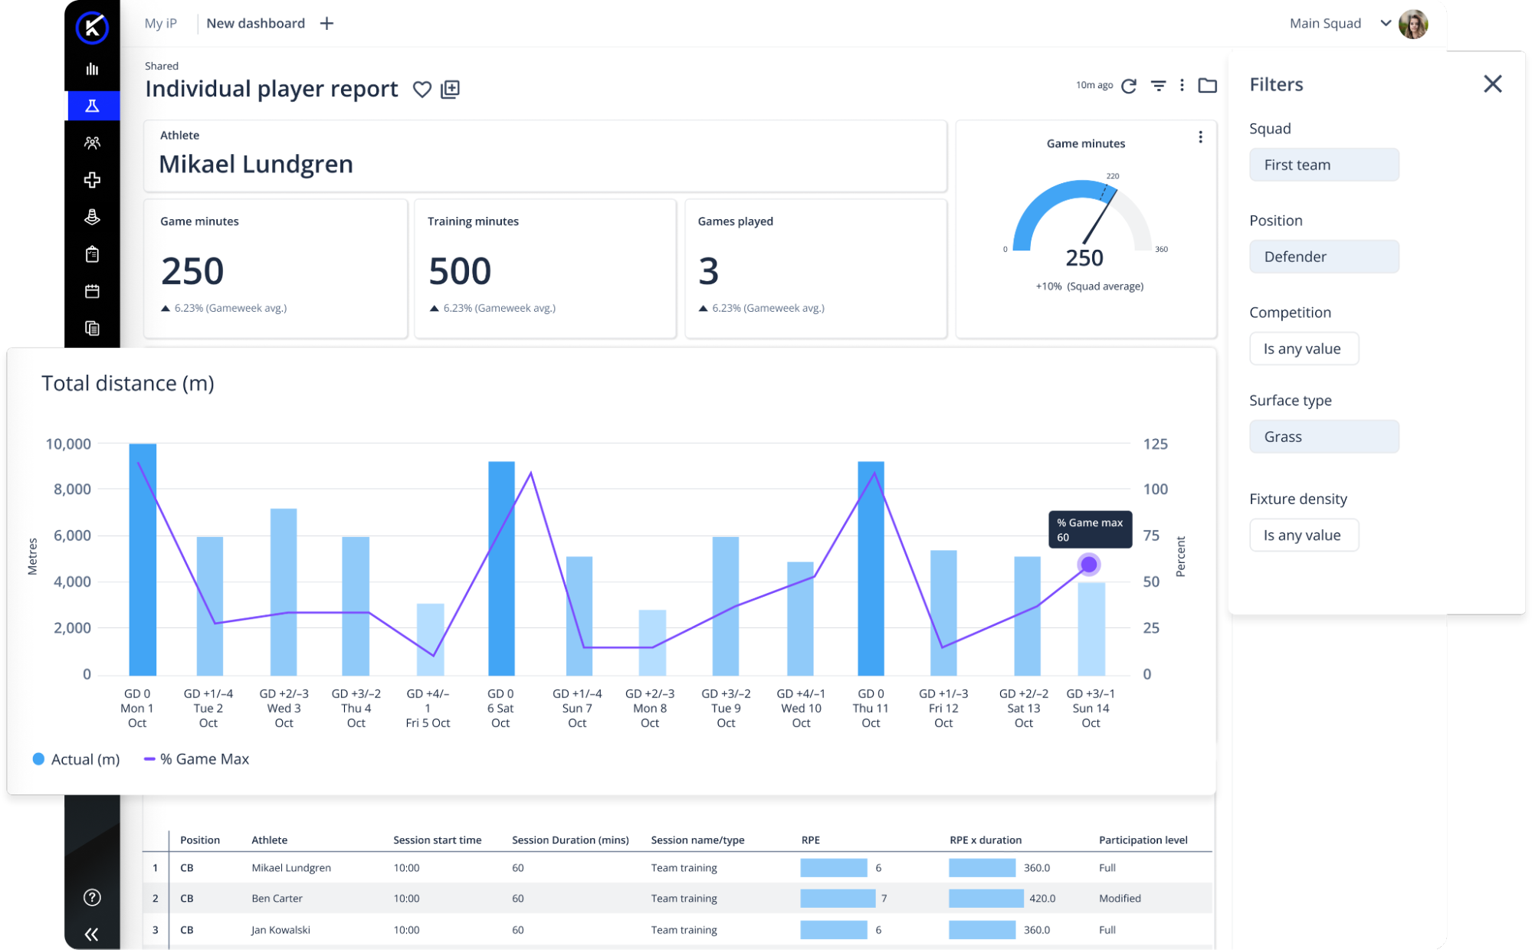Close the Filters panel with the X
coord(1492,84)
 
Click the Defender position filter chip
coord(1324,257)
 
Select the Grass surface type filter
coord(1324,437)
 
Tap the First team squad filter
coord(1324,165)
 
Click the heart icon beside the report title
coord(422,90)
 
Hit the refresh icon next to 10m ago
coord(1129,86)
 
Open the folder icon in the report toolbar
coord(1207,85)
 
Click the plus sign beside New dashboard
coord(326,24)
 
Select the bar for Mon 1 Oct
coord(143,559)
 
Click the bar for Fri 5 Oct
coord(430,639)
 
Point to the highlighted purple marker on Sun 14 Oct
coord(1088,565)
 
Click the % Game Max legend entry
coord(197,759)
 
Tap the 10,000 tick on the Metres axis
coord(68,444)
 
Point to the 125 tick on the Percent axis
coord(1155,444)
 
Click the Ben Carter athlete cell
coord(277,899)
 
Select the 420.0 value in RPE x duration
coord(1042,899)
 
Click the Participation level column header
coord(1143,840)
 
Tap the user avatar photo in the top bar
coord(1412,24)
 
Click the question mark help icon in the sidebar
coord(92,897)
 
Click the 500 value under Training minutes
coord(460,271)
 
